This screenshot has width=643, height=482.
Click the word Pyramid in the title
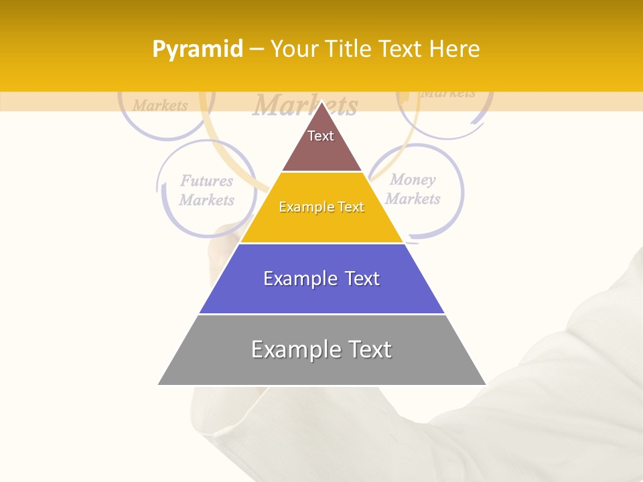[x=197, y=50]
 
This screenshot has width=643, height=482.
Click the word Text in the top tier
[x=320, y=136]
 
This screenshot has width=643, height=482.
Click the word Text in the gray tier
[x=367, y=349]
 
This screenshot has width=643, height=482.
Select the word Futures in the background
[x=206, y=181]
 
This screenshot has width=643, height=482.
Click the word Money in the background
[x=413, y=179]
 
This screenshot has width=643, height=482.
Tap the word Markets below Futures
[x=206, y=200]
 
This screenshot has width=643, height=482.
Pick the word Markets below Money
[x=413, y=199]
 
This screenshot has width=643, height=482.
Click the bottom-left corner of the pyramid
[x=159, y=384]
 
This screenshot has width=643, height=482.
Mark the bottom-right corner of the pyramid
[x=486, y=384]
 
